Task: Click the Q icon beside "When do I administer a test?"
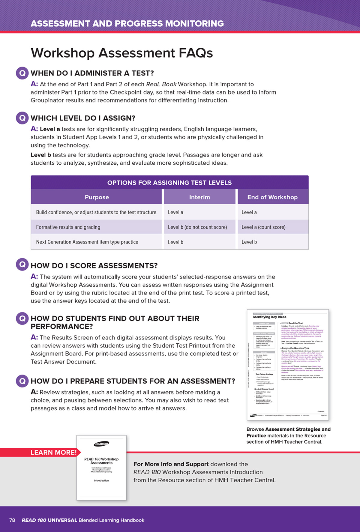[x=22, y=73]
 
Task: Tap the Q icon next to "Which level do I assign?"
[x=22, y=118]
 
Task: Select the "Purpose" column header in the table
[x=97, y=197]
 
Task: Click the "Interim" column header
[x=199, y=197]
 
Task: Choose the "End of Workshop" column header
[x=272, y=197]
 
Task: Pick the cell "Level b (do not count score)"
[x=197, y=227]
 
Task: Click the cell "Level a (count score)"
[x=263, y=227]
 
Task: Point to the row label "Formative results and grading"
[x=68, y=227]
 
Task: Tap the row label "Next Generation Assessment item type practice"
[x=87, y=242]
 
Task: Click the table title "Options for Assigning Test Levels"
[x=169, y=183]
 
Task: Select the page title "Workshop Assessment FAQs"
[x=122, y=53]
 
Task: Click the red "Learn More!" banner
[x=53, y=452]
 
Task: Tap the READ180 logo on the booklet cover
[x=101, y=444]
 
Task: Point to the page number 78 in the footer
[x=12, y=520]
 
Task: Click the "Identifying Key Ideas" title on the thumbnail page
[x=269, y=317]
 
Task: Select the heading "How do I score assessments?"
[x=94, y=266]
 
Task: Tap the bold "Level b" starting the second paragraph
[x=41, y=155]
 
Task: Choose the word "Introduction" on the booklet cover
[x=101, y=480]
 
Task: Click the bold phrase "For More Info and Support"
[x=171, y=464]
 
